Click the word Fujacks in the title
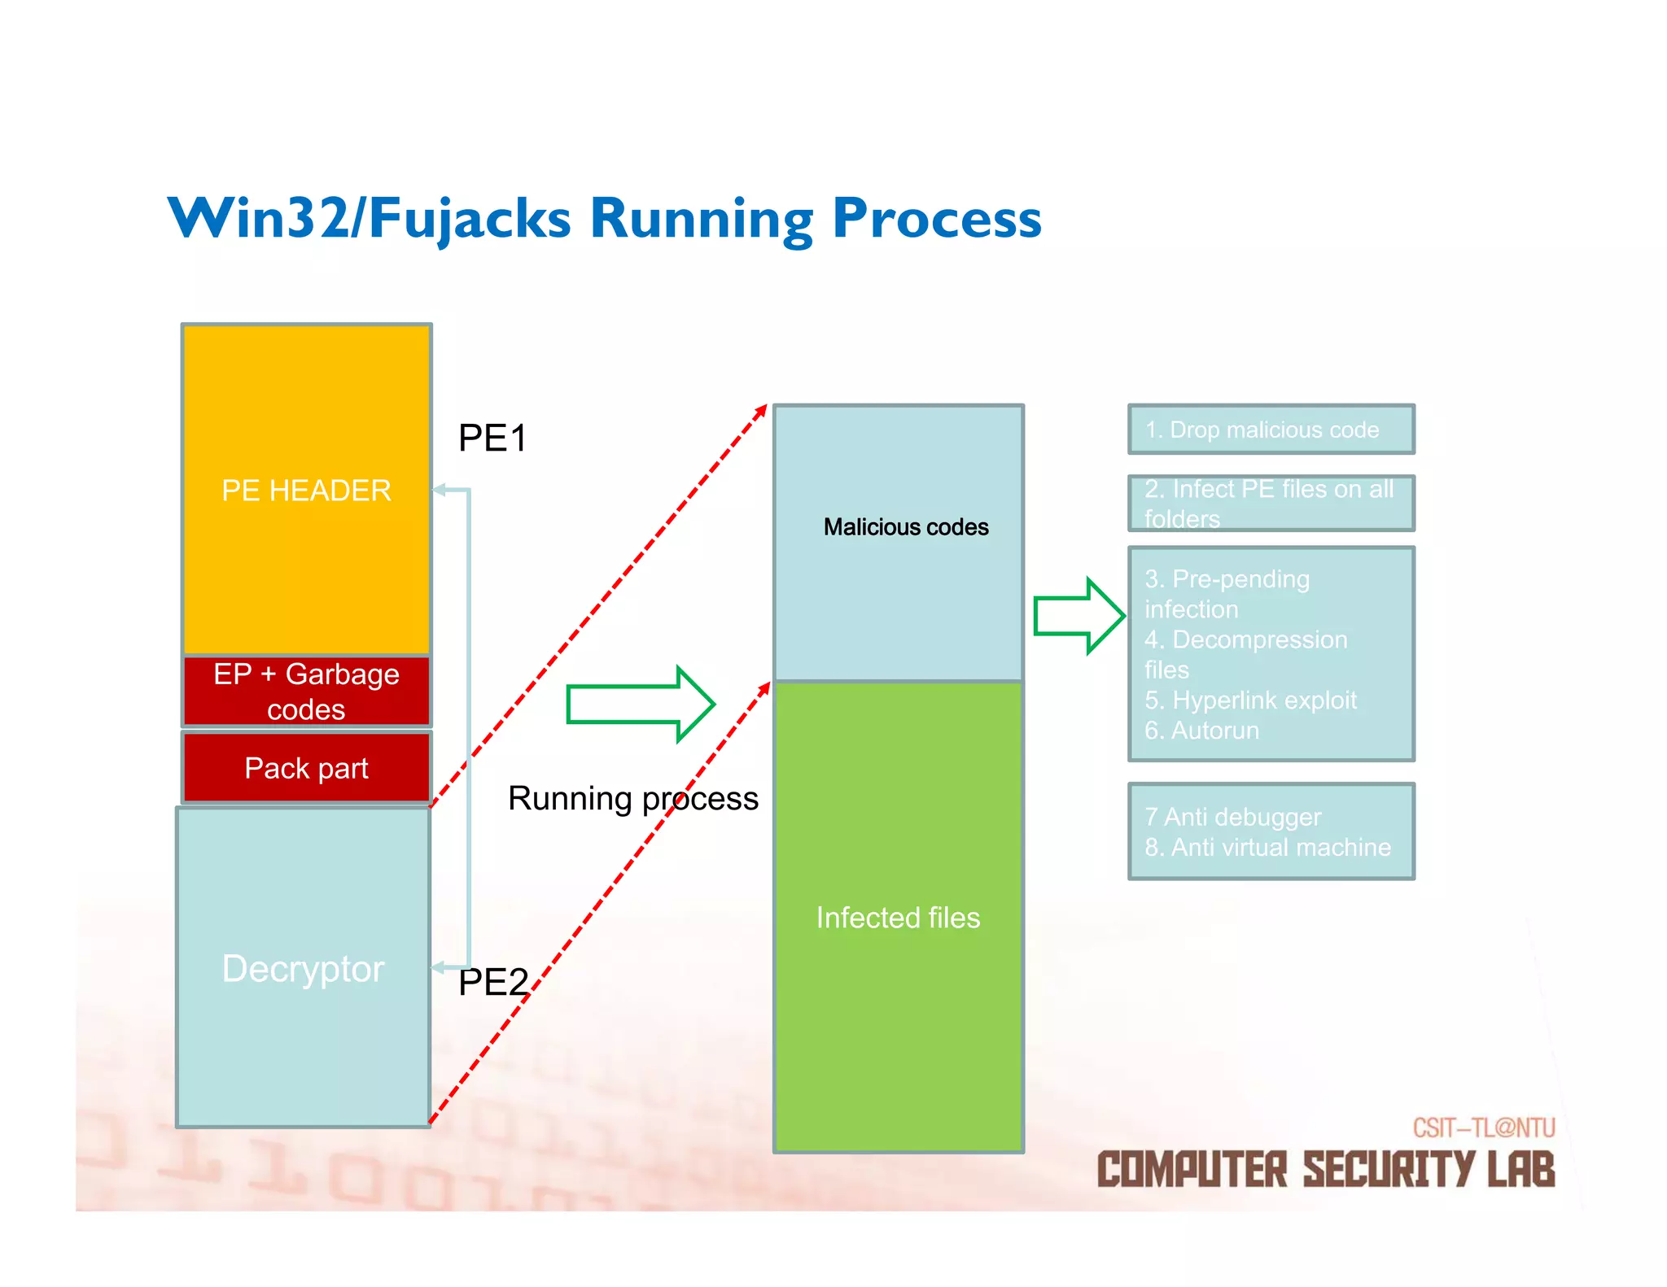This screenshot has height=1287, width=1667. point(470,219)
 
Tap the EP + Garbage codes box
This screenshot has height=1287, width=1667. point(306,691)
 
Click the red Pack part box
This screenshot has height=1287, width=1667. point(306,768)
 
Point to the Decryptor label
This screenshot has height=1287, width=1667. point(303,968)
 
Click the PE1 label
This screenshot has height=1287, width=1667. point(492,438)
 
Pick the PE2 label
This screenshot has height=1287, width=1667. point(492,982)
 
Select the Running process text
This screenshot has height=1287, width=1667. point(632,798)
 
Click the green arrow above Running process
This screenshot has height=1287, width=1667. point(640,704)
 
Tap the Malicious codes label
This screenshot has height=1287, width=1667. point(905,527)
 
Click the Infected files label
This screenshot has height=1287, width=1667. point(898,918)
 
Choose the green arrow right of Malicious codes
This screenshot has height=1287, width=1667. point(1079,616)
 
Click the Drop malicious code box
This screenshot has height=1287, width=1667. point(1270,430)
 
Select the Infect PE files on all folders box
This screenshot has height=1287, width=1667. point(1270,504)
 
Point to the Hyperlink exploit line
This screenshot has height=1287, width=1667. point(1250,700)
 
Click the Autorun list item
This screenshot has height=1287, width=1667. point(1201,731)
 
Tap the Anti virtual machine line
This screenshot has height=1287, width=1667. point(1267,848)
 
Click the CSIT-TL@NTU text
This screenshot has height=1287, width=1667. point(1483,1128)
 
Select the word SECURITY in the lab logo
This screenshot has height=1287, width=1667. point(1389,1170)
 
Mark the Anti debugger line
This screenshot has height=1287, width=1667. point(1232,817)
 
